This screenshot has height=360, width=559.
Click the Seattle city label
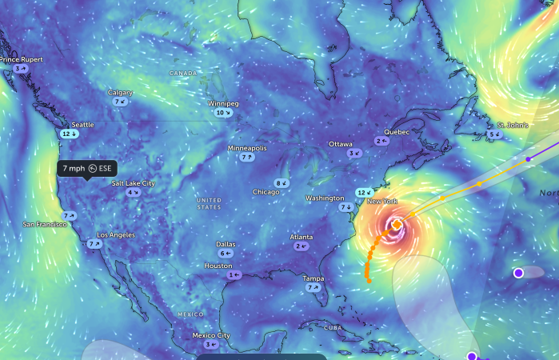(x=82, y=125)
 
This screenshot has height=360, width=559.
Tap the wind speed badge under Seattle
(x=70, y=134)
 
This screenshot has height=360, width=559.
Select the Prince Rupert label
(x=22, y=59)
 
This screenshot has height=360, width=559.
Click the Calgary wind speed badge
(x=120, y=102)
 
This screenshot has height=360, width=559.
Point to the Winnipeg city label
(x=223, y=104)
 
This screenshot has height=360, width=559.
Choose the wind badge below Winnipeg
(x=224, y=114)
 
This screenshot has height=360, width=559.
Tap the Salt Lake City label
(x=133, y=183)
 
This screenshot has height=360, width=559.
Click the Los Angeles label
(x=116, y=235)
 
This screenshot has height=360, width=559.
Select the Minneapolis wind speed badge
(x=246, y=158)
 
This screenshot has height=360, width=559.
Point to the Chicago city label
(x=266, y=192)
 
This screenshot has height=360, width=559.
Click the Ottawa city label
(x=341, y=144)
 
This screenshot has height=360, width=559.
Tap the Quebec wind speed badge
(x=381, y=141)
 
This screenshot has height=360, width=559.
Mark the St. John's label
(x=512, y=126)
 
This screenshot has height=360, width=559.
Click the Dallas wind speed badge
(x=226, y=254)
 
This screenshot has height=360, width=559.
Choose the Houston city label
(x=218, y=266)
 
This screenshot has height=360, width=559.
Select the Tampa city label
(x=313, y=278)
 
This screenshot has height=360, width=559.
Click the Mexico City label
(x=211, y=335)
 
